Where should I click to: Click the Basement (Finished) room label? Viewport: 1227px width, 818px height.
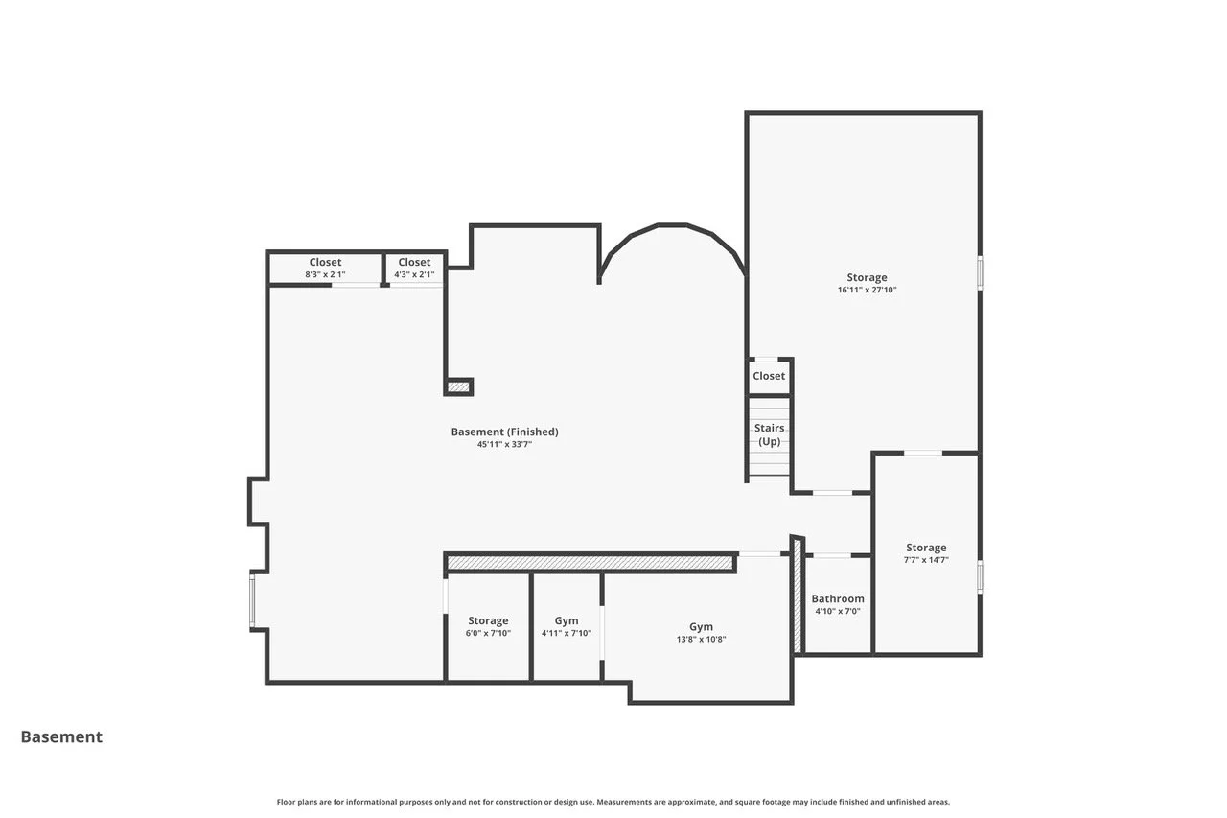pos(504,432)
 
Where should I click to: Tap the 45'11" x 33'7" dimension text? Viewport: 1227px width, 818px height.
pos(504,444)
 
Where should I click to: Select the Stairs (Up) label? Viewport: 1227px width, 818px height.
pos(769,434)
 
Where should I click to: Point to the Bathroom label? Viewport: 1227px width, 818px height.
pos(838,598)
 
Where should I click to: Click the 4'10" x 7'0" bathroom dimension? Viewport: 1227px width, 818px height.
pos(838,611)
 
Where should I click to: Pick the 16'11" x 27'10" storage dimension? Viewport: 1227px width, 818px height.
pos(867,290)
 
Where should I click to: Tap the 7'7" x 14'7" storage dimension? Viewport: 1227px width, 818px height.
pos(926,560)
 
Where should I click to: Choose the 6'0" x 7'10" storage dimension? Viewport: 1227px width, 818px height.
pos(488,633)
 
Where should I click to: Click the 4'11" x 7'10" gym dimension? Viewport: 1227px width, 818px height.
pos(567,633)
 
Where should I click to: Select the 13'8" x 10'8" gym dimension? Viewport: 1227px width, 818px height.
pos(701,639)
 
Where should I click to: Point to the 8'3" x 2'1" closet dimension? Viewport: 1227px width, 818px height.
pos(325,274)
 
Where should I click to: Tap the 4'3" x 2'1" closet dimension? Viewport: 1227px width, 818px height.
pos(414,274)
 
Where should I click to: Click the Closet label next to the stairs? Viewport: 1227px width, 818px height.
pos(769,376)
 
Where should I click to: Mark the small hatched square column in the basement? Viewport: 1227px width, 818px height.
pos(458,386)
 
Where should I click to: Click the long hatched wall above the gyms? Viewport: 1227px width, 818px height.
pos(590,563)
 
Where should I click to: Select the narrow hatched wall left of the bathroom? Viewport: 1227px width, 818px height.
pos(798,595)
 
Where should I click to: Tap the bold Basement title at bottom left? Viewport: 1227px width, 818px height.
pos(61,736)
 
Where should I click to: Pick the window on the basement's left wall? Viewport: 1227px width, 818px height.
pos(252,600)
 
